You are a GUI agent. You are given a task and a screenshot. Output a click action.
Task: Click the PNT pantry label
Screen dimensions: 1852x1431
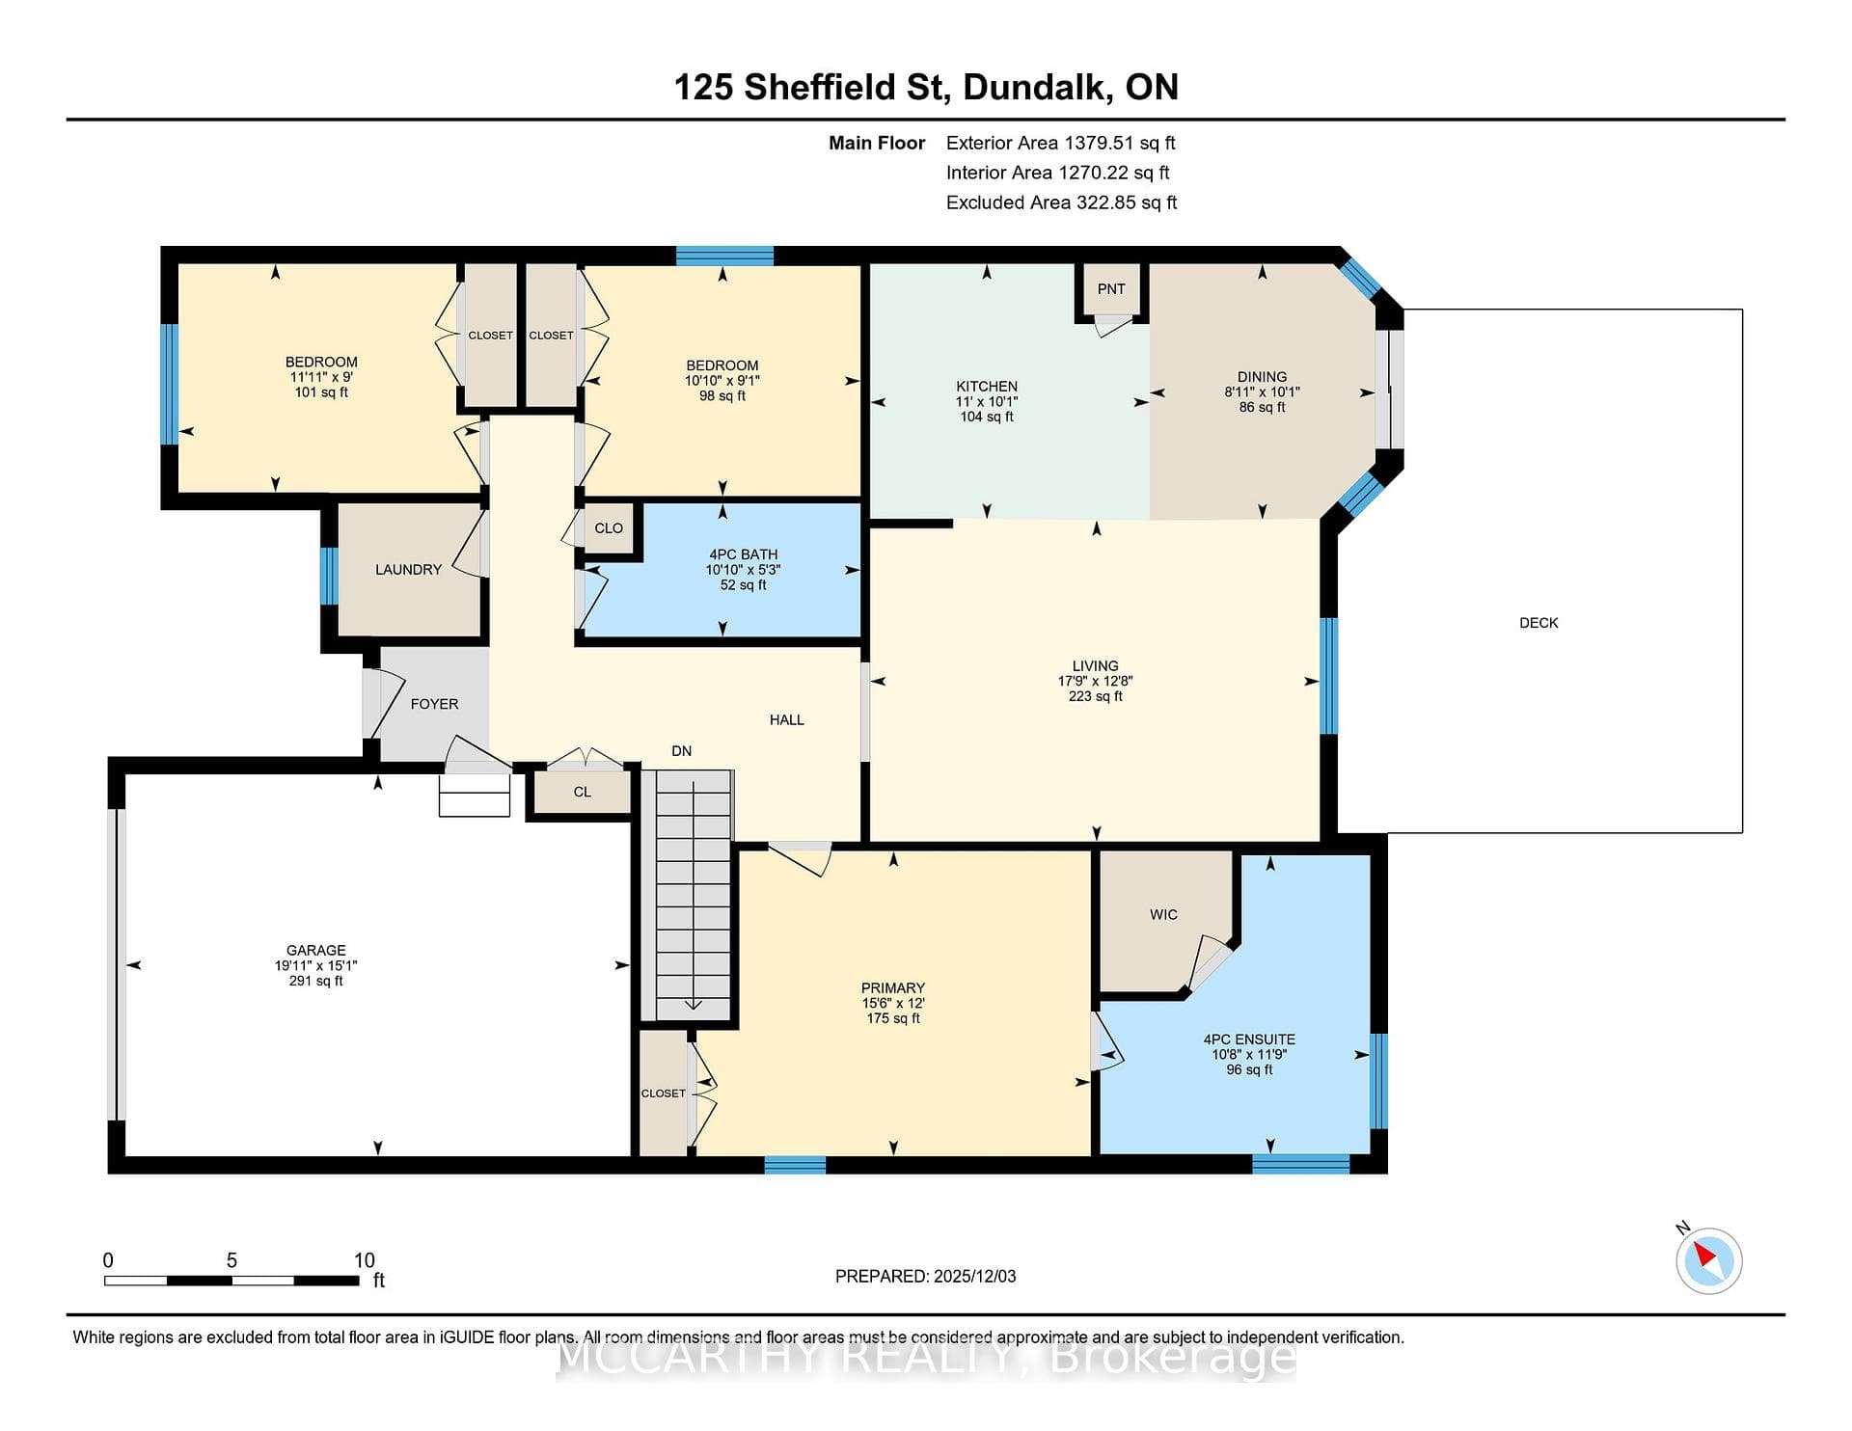pyautogui.click(x=1111, y=288)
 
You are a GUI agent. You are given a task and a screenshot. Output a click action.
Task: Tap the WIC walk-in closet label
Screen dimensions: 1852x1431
pyautogui.click(x=1163, y=914)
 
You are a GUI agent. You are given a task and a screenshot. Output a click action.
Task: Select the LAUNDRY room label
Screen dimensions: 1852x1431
pyautogui.click(x=408, y=570)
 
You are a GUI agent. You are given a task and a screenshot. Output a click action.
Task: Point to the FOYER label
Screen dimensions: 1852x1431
pyautogui.click(x=434, y=704)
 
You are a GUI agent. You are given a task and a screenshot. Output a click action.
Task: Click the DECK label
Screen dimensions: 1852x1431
pyautogui.click(x=1539, y=623)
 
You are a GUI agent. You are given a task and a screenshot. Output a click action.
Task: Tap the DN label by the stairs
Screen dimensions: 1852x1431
pyautogui.click(x=682, y=751)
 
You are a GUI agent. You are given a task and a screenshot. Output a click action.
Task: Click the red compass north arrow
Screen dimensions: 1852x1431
pyautogui.click(x=1704, y=1255)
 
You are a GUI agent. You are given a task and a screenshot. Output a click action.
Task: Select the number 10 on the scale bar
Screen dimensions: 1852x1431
pyautogui.click(x=364, y=1260)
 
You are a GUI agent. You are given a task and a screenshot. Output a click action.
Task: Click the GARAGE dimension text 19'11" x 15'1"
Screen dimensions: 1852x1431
pyautogui.click(x=316, y=965)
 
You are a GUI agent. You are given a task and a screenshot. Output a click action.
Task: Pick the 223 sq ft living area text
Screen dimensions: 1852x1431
pyautogui.click(x=1096, y=696)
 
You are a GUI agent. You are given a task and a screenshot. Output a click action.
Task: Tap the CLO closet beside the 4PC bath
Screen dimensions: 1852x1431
pyautogui.click(x=609, y=528)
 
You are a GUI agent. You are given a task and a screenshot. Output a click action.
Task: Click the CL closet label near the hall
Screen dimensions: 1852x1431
pyautogui.click(x=582, y=792)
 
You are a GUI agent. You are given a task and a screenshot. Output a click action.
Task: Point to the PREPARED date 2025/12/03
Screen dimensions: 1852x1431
pyautogui.click(x=975, y=1276)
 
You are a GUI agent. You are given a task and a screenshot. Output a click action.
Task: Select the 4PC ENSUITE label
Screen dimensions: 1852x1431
pyautogui.click(x=1249, y=1039)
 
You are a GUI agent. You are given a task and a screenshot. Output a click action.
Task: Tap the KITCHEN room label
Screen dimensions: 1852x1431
pyautogui.click(x=987, y=387)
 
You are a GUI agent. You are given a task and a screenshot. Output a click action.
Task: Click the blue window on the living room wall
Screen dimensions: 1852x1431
pyautogui.click(x=1329, y=676)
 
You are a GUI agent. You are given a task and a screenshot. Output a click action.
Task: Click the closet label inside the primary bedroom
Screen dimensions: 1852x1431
pyautogui.click(x=664, y=1093)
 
